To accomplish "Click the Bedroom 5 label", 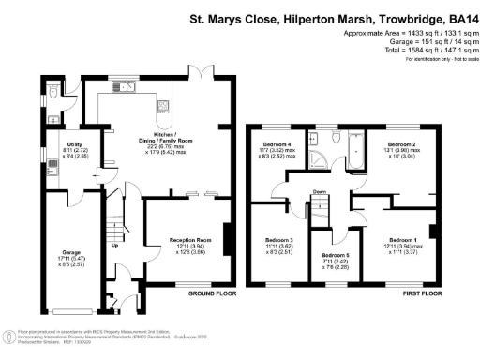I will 335,255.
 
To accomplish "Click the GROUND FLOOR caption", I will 212,292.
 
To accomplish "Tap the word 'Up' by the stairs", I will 115,247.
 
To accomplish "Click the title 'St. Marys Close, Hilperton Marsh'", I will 319,17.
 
